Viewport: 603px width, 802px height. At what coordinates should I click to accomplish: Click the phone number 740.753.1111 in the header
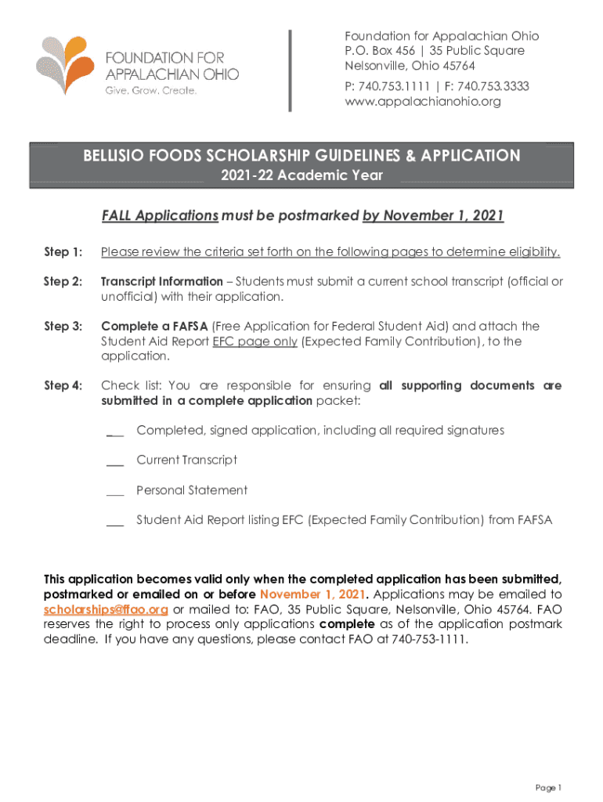point(398,86)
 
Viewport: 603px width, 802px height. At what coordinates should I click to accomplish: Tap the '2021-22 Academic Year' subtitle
point(301,175)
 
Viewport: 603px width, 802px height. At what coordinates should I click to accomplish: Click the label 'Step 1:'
point(63,252)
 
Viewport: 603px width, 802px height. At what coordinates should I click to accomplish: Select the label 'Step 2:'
point(63,282)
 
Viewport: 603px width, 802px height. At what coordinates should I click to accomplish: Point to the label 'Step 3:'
point(63,327)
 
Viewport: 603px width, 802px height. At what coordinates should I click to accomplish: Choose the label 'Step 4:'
point(63,386)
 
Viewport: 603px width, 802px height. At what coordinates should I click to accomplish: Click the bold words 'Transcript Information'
point(162,282)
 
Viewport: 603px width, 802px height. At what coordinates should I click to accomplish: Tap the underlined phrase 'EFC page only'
point(255,341)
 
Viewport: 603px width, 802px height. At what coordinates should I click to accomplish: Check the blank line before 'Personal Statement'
point(115,493)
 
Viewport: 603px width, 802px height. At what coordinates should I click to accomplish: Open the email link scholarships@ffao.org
point(106,610)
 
